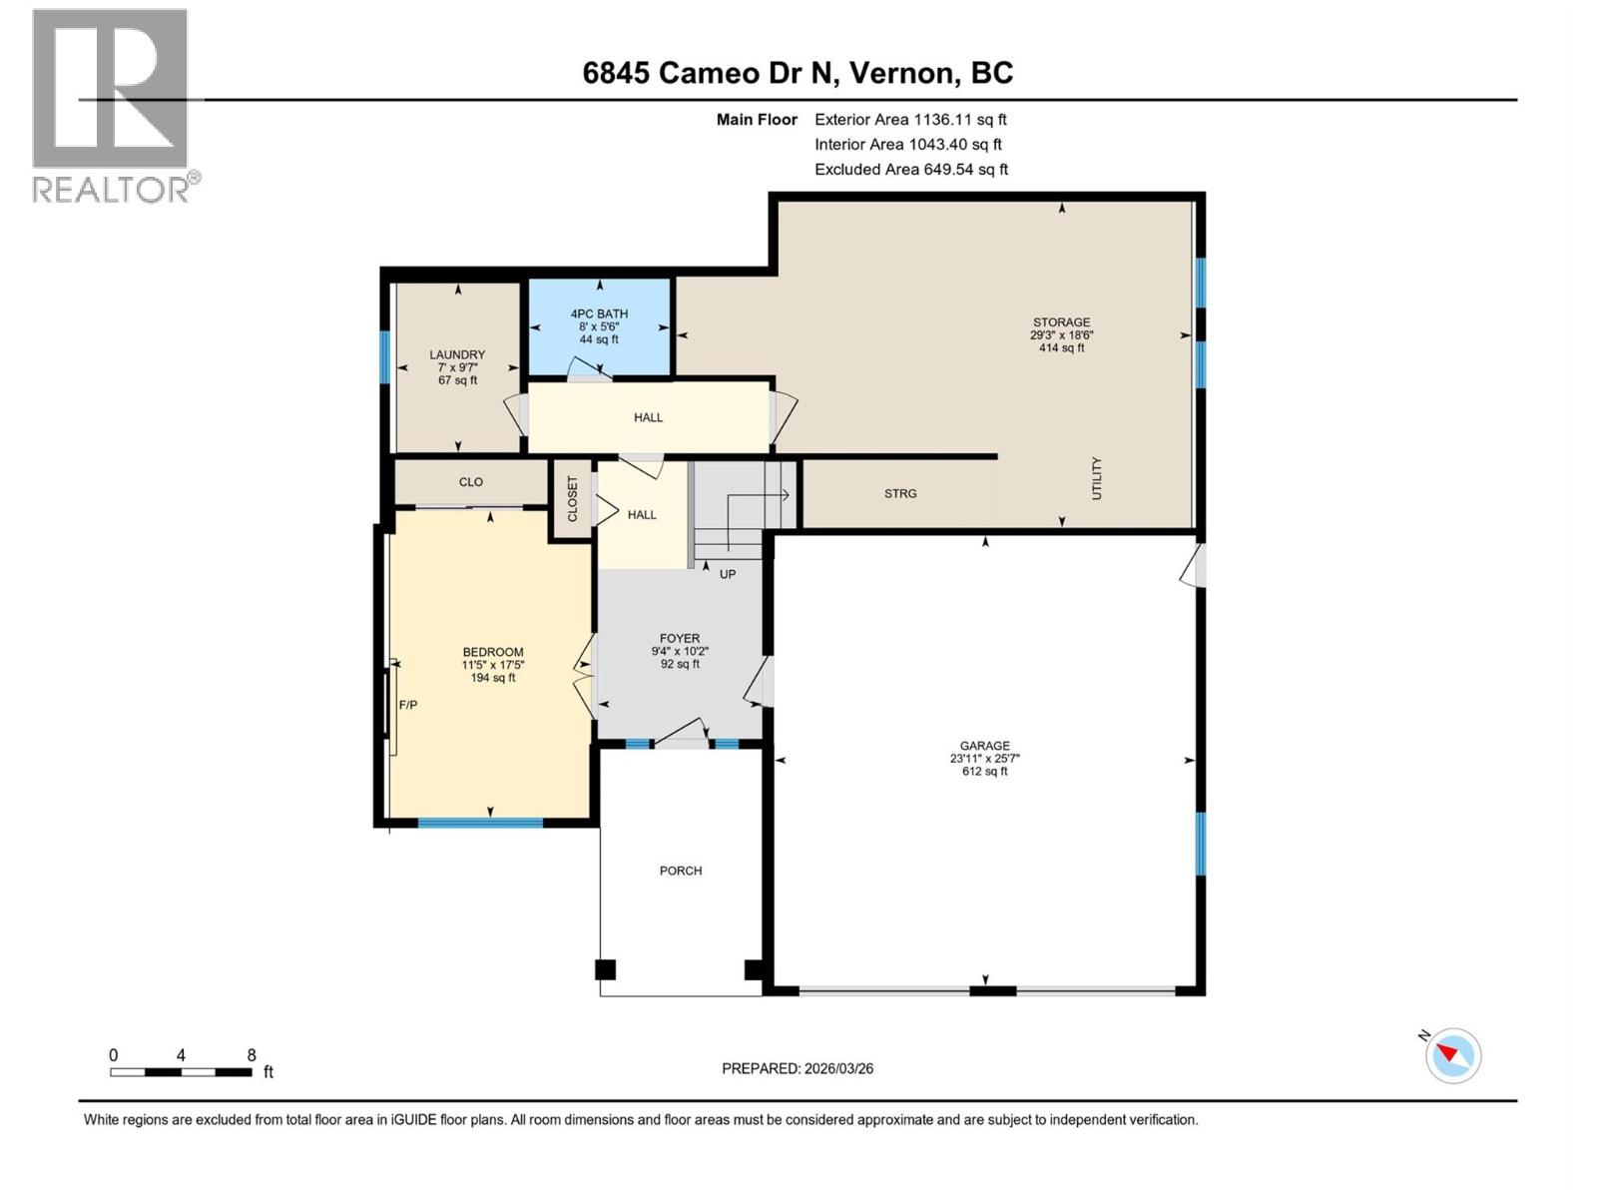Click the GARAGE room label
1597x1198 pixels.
click(984, 746)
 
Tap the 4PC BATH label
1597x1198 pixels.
click(599, 313)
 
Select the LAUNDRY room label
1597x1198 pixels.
click(457, 354)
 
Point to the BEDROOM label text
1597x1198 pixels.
click(493, 652)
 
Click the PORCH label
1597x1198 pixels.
click(681, 871)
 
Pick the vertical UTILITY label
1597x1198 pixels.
click(1096, 478)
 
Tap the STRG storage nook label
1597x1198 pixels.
click(900, 493)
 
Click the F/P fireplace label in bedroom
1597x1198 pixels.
click(408, 705)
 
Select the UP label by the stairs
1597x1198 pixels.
click(728, 574)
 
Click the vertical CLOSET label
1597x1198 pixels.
click(573, 498)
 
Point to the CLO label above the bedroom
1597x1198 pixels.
click(471, 482)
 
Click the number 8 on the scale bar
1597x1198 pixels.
click(252, 1055)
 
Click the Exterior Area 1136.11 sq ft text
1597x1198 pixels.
click(910, 119)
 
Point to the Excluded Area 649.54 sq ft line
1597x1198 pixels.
click(910, 170)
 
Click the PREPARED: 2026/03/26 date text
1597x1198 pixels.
click(798, 1068)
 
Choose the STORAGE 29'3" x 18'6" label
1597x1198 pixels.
click(1061, 335)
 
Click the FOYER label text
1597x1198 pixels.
click(680, 638)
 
